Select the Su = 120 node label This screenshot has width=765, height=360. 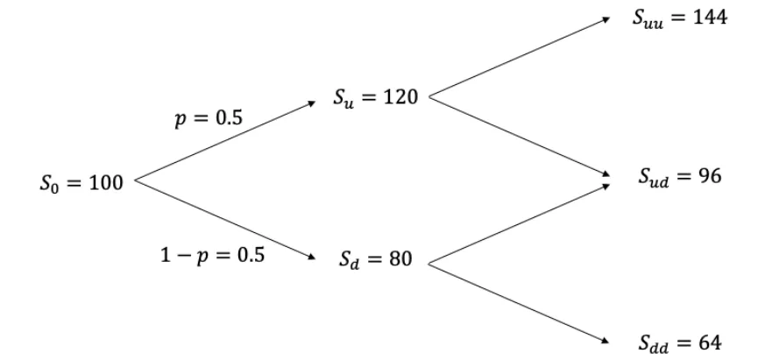[x=374, y=98]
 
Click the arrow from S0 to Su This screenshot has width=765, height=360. [x=223, y=143]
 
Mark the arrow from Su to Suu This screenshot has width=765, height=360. [x=517, y=58]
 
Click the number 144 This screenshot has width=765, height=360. [x=705, y=18]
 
